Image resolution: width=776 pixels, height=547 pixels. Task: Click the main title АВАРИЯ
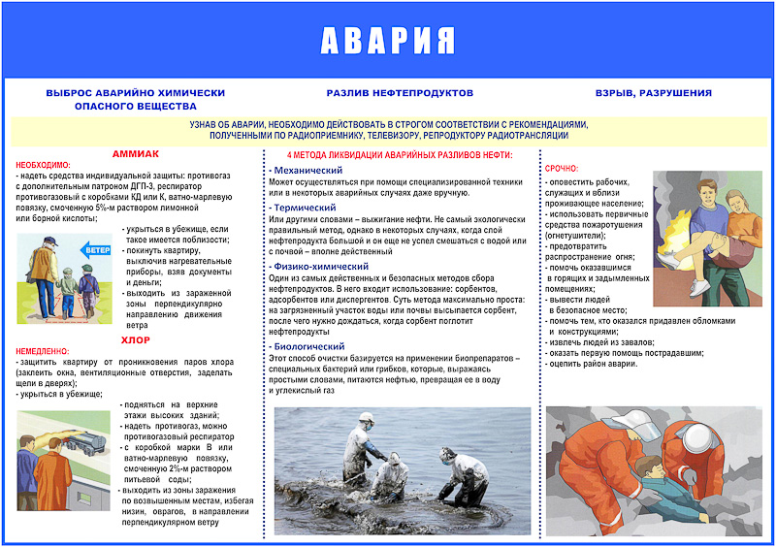(388, 40)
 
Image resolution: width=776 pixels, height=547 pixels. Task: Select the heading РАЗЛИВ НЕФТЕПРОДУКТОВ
(400, 93)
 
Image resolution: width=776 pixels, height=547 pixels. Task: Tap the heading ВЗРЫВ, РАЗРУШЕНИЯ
(653, 93)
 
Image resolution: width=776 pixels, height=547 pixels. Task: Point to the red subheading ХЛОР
(135, 340)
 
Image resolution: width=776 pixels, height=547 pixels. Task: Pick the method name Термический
(302, 208)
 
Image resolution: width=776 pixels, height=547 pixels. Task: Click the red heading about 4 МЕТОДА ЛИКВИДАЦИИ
(400, 155)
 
